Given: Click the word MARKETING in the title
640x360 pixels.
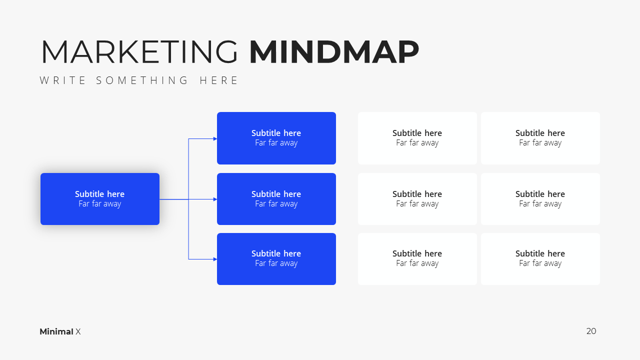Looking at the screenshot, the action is pyautogui.click(x=139, y=51).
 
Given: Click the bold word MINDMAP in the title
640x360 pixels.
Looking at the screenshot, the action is pyautogui.click(x=334, y=51).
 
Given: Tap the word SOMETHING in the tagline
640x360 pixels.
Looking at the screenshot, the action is pyautogui.click(x=142, y=80).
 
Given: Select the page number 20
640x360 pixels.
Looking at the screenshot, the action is pyautogui.click(x=591, y=331).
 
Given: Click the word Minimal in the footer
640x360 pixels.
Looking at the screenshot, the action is pyautogui.click(x=56, y=331).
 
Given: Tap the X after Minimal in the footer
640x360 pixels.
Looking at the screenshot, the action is pyautogui.click(x=78, y=331).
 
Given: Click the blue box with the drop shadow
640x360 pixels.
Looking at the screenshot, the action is pyautogui.click(x=100, y=199).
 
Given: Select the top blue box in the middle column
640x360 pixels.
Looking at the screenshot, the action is pyautogui.click(x=276, y=138).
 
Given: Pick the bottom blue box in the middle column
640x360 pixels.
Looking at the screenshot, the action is pyautogui.click(x=276, y=259).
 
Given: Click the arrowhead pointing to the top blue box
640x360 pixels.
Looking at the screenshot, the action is pyautogui.click(x=215, y=139).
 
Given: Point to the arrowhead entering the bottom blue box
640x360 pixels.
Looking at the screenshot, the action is pyautogui.click(x=215, y=259).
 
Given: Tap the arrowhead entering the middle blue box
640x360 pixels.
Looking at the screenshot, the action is pyautogui.click(x=215, y=199).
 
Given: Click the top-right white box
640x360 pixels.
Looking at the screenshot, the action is pyautogui.click(x=540, y=138).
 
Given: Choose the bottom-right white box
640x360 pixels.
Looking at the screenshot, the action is pyautogui.click(x=540, y=259).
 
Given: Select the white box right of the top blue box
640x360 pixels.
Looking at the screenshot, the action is pyautogui.click(x=417, y=138).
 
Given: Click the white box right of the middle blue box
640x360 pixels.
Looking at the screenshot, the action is pyautogui.click(x=417, y=199).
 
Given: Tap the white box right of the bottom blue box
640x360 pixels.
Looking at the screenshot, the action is pyautogui.click(x=417, y=259).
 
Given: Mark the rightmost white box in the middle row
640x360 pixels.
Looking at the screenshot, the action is pyautogui.click(x=540, y=199).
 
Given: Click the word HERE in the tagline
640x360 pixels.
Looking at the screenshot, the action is pyautogui.click(x=218, y=80).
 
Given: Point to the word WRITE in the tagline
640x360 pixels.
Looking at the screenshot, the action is pyautogui.click(x=62, y=80).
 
